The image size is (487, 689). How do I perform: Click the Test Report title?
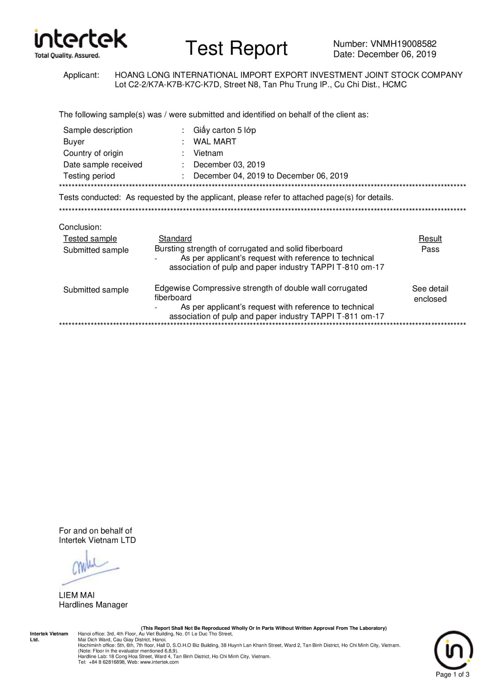(x=236, y=48)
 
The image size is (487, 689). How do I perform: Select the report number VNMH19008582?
(x=403, y=44)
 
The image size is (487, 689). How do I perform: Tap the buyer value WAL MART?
(x=215, y=142)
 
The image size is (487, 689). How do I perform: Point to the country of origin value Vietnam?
(x=208, y=153)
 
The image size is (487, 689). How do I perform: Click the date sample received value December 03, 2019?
(x=229, y=165)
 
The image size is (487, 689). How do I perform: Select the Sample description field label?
(x=98, y=130)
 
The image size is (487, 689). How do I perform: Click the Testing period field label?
(x=89, y=176)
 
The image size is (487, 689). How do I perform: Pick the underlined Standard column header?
(x=175, y=239)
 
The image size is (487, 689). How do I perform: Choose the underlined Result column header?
(x=430, y=239)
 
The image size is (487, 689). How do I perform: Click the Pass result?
(x=430, y=249)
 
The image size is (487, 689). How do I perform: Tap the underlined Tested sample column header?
(x=90, y=239)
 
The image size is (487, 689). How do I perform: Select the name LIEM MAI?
(x=77, y=595)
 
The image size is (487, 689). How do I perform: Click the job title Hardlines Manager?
(x=93, y=605)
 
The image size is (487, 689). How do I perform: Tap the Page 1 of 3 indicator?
(x=452, y=674)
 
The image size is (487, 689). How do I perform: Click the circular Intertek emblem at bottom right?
(x=454, y=650)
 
